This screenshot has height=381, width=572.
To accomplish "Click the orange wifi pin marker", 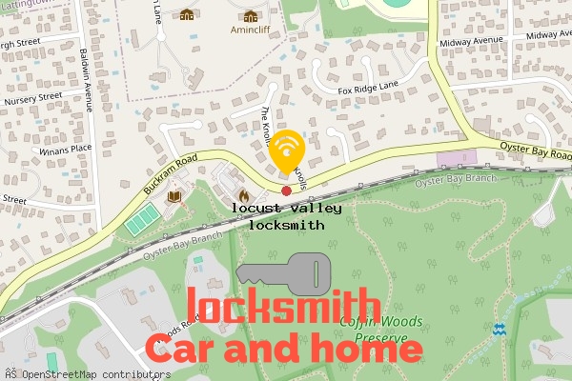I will [x=287, y=150].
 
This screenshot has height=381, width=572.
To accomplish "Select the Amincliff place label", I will [x=250, y=30].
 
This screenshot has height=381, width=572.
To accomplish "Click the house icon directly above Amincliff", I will [x=250, y=15].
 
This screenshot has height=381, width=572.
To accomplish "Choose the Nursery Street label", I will [x=31, y=97].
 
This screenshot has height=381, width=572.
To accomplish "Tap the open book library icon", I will [x=174, y=197].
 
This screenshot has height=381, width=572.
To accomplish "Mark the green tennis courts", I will [x=140, y=223].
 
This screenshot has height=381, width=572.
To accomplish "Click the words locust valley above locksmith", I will [x=287, y=207].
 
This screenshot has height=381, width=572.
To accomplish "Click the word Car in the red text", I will [x=181, y=350].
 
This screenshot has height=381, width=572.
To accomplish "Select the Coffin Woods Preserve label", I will [x=380, y=328].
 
